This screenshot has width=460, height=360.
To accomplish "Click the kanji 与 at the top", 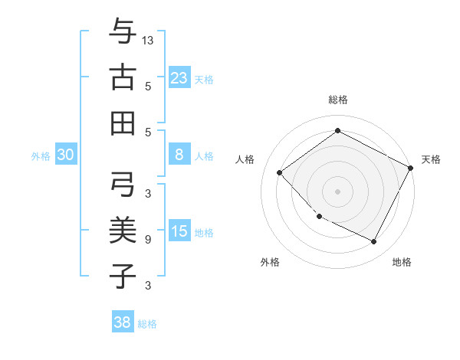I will [123, 31].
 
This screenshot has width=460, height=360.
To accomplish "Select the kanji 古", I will [123, 77].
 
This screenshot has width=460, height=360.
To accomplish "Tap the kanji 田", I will [123, 123].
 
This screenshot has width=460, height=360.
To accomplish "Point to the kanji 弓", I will [123, 184].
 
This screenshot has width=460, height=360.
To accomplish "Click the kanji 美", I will [123, 230].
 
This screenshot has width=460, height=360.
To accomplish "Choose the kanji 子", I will [123, 276].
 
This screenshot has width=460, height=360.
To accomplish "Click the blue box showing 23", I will [179, 77].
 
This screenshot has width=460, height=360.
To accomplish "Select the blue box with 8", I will [179, 155].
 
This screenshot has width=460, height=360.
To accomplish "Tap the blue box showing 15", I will [179, 231].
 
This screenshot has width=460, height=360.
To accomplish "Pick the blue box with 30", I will [66, 155].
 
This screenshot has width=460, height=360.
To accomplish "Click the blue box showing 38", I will [123, 322].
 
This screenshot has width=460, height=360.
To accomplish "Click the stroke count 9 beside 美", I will [148, 240].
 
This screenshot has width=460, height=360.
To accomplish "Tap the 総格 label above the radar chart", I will [338, 100].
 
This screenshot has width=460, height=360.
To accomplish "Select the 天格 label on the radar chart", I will [431, 159].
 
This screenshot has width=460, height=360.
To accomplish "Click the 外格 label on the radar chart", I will [270, 262].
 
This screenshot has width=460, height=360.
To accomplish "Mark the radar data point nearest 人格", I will [280, 173].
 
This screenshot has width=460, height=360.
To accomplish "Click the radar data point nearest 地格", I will [374, 242].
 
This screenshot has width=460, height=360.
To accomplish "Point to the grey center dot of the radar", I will [337, 191].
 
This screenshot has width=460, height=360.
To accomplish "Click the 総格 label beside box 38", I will [147, 324].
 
